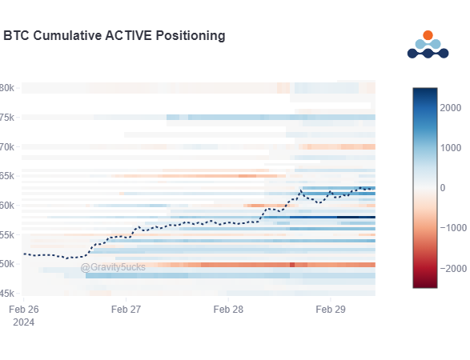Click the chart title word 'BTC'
coord(16,36)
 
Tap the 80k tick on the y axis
coord(6,88)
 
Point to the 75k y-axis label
coord(6,118)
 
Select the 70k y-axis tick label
coord(6,147)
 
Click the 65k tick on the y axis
coord(6,176)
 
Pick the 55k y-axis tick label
coord(6,234)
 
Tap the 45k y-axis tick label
coord(6,293)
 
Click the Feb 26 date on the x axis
coord(23,309)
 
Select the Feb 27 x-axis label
coord(126,309)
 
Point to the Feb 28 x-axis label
coord(229,309)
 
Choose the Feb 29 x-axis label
coord(331,309)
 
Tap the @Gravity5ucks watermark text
coord(113,267)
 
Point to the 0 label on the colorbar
coord(444,187)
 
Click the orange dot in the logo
coord(428,35)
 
